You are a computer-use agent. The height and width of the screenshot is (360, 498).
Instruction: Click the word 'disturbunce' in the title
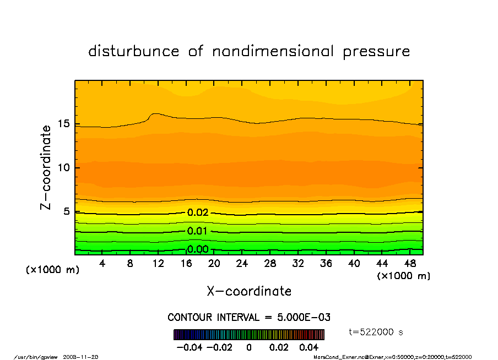pyautogui.click(x=134, y=52)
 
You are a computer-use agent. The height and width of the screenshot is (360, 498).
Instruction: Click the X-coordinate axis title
pyautogui.click(x=249, y=291)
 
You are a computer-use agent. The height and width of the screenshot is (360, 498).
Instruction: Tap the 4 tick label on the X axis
pyautogui.click(x=102, y=264)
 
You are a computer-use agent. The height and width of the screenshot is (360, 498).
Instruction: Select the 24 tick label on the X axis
pyautogui.click(x=242, y=264)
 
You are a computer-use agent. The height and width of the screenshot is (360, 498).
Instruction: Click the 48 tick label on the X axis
pyautogui.click(x=410, y=264)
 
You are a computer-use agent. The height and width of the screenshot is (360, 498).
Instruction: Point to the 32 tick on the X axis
pyautogui.click(x=298, y=264)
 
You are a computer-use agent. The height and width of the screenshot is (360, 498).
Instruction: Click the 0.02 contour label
pyautogui.click(x=198, y=212)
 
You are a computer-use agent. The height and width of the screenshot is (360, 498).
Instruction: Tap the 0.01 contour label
pyautogui.click(x=198, y=231)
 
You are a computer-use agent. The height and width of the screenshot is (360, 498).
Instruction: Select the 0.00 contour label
pyautogui.click(x=198, y=249)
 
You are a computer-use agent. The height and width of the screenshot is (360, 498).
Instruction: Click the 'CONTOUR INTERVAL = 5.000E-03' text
pyautogui.click(x=249, y=318)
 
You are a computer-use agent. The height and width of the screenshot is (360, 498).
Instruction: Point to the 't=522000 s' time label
pyautogui.click(x=376, y=331)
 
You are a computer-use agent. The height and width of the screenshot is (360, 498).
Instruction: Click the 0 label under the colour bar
pyautogui.click(x=249, y=348)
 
